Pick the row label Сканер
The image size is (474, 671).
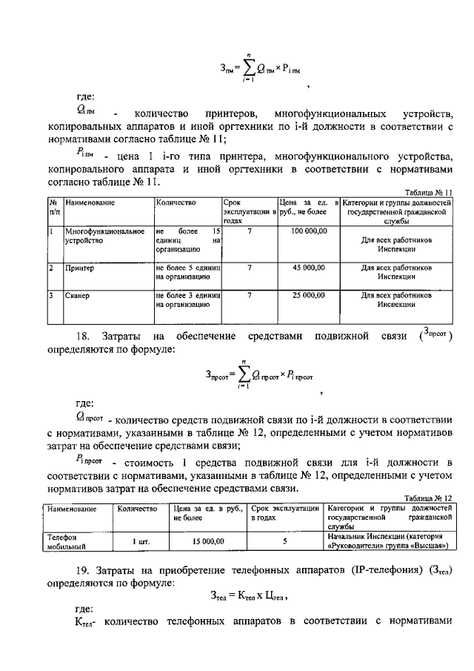[x=77, y=296]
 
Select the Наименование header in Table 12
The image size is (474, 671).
[x=72, y=509]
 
